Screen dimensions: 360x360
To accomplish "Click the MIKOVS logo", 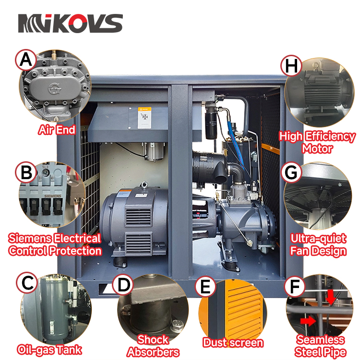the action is pos(70,23).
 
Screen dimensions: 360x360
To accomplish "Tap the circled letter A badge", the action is pos(26,60).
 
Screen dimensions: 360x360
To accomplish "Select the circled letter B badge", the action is pos(26,172).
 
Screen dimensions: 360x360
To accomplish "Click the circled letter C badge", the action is pos(27,283).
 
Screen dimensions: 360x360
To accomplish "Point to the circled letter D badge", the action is pos(123,284).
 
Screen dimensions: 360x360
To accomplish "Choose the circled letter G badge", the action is pos(291,172).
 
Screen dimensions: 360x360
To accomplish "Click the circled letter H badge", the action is pos(291,65).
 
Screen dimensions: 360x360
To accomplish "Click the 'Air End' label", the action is pos(57,130).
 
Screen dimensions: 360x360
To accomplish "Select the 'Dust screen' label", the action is pos(233,343).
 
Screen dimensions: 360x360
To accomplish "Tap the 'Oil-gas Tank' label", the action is pos(49,349).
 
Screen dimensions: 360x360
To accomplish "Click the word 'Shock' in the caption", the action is pos(153,339).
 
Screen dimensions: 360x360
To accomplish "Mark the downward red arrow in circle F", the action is pos(331,297).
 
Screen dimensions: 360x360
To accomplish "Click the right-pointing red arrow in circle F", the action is pos(308,321).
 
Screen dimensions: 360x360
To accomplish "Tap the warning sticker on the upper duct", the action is pos(144,118).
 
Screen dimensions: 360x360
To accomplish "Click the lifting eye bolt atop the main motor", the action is pos(144,184).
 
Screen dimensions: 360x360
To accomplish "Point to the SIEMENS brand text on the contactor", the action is pos(53,196).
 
